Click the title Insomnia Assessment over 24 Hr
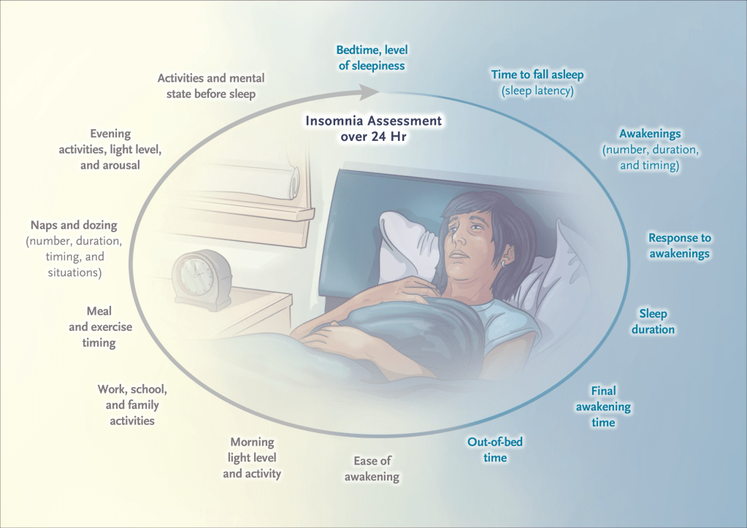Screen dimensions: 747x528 [x=374, y=129]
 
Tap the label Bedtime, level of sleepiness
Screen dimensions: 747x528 [x=372, y=58]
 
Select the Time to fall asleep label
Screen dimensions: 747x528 [x=537, y=74]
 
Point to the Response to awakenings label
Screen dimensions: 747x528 [x=680, y=245]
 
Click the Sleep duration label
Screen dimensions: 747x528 [x=653, y=321]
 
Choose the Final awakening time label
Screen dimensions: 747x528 [x=604, y=407]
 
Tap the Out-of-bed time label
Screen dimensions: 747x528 [x=495, y=449]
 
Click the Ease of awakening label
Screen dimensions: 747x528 [x=372, y=468]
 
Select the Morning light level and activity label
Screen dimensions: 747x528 [x=252, y=457]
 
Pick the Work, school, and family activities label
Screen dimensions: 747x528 [x=132, y=405]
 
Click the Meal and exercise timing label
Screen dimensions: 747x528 [x=100, y=327]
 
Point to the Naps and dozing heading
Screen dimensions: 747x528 [x=74, y=225]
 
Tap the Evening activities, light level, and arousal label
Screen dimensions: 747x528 [x=110, y=149]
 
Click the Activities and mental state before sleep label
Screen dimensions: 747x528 [x=211, y=85]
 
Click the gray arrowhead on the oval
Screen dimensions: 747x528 [x=368, y=92]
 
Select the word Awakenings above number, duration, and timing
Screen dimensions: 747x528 [x=650, y=134]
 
